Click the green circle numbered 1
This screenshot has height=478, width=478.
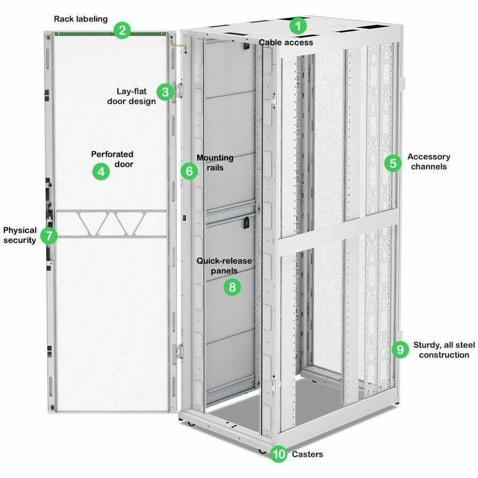pyautogui.click(x=298, y=25)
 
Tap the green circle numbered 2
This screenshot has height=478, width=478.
pyautogui.click(x=122, y=30)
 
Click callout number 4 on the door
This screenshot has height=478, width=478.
pyautogui.click(x=100, y=172)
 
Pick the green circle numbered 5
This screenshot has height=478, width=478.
pyautogui.click(x=392, y=163)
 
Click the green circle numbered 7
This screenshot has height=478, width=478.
pyautogui.click(x=49, y=235)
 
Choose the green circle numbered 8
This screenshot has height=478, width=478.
pyautogui.click(x=232, y=287)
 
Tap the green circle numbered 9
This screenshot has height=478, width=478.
pyautogui.click(x=399, y=349)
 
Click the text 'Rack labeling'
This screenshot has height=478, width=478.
pyautogui.click(x=81, y=19)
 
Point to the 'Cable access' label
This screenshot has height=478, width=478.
pyautogui.click(x=286, y=42)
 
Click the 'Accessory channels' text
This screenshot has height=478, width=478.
pyautogui.click(x=428, y=161)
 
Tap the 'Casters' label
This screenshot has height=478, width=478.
pyautogui.click(x=307, y=455)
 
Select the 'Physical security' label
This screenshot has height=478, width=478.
pyautogui.click(x=20, y=235)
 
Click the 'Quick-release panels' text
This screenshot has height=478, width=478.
pyautogui.click(x=224, y=266)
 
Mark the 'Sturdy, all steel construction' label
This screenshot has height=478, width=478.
pyautogui.click(x=444, y=350)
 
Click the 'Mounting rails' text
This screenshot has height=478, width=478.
pyautogui.click(x=215, y=163)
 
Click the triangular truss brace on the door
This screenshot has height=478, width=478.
pyautogui.click(x=112, y=224)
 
